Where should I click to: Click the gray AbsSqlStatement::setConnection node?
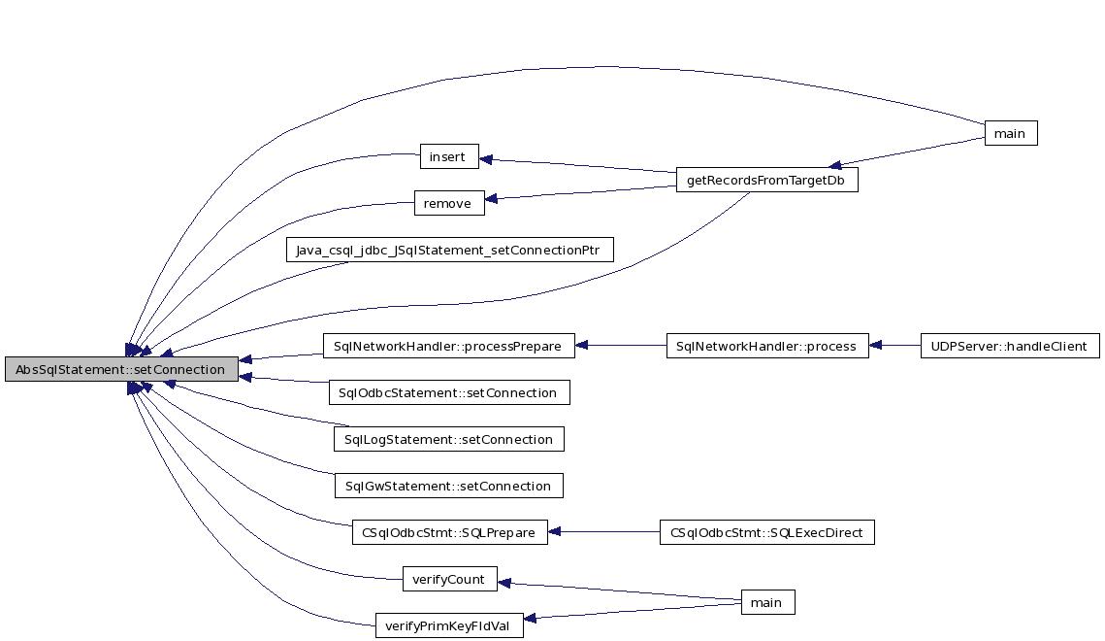click(120, 369)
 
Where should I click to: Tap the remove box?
click(447, 203)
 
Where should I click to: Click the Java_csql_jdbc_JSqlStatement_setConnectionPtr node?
click(450, 250)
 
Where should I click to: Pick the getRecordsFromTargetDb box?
click(766, 180)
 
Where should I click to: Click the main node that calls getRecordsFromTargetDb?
click(1009, 133)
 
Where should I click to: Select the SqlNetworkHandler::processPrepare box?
click(447, 346)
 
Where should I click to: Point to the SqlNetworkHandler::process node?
click(766, 346)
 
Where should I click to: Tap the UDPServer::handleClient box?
click(1009, 346)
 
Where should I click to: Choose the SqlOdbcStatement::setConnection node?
click(448, 392)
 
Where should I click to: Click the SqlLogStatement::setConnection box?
click(448, 439)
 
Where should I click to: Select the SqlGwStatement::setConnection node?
click(447, 486)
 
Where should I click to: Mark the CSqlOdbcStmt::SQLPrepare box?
click(449, 532)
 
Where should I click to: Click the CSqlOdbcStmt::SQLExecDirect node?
click(766, 532)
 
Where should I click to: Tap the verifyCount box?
click(449, 579)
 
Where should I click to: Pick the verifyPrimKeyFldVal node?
click(449, 625)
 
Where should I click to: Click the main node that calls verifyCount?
click(766, 602)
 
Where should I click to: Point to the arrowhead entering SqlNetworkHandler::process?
click(876, 346)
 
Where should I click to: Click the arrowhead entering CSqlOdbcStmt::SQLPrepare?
click(556, 532)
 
